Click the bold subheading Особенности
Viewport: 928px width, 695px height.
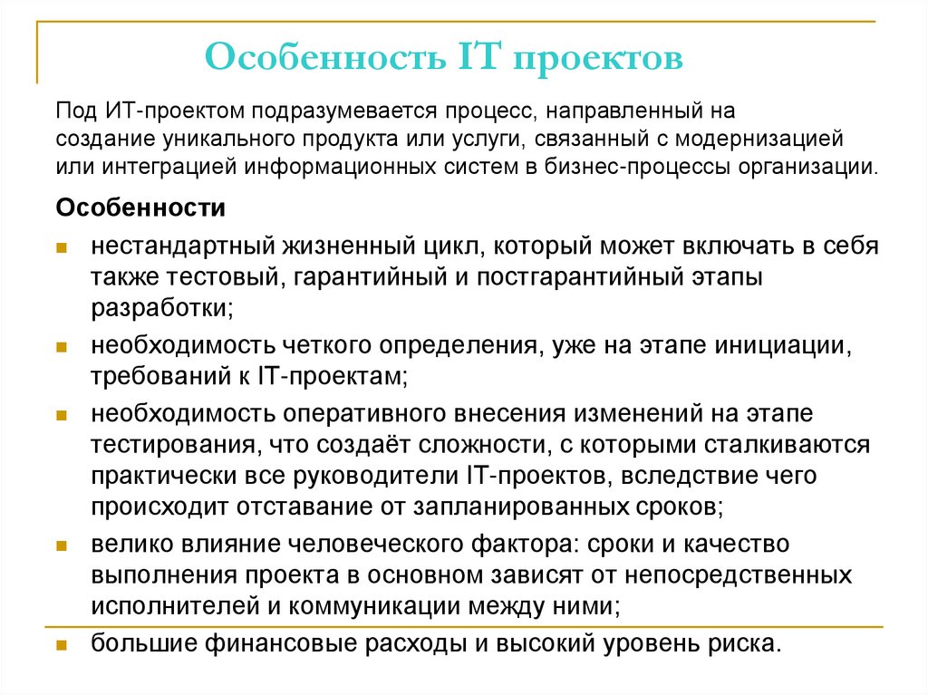140,208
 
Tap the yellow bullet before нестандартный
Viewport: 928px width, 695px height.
61,248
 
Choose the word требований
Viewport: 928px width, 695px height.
149,375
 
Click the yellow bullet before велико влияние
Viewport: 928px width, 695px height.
61,545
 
